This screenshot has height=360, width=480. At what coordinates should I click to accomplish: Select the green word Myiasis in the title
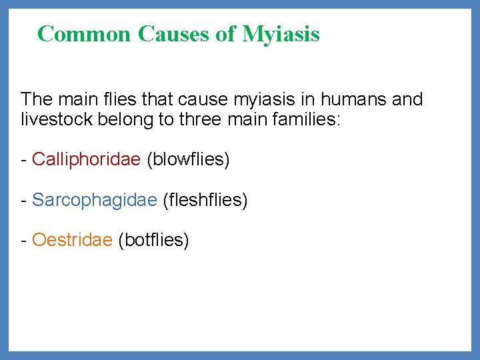(281, 33)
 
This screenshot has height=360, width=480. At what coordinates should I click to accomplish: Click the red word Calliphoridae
(86, 160)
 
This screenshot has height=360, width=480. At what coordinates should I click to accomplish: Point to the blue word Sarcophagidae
(94, 200)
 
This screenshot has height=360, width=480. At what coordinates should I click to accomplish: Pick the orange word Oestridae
(72, 240)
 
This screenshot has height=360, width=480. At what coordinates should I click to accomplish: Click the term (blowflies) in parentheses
(188, 160)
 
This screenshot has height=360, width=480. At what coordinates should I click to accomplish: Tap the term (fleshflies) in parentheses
(205, 200)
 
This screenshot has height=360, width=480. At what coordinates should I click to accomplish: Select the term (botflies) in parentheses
(153, 240)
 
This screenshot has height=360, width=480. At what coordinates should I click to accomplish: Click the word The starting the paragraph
(37, 100)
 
